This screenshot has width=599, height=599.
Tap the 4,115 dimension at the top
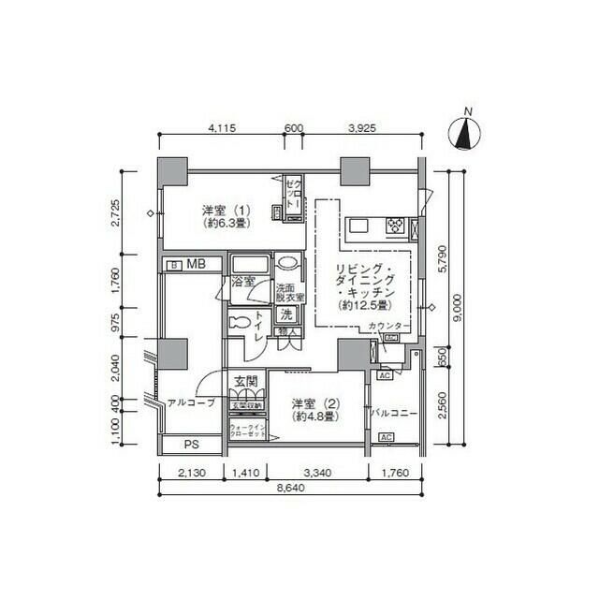221,126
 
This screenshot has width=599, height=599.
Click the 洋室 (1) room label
226,216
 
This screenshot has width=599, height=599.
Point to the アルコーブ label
191,403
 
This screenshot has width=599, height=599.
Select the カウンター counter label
388,325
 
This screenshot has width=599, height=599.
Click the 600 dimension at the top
293,126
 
